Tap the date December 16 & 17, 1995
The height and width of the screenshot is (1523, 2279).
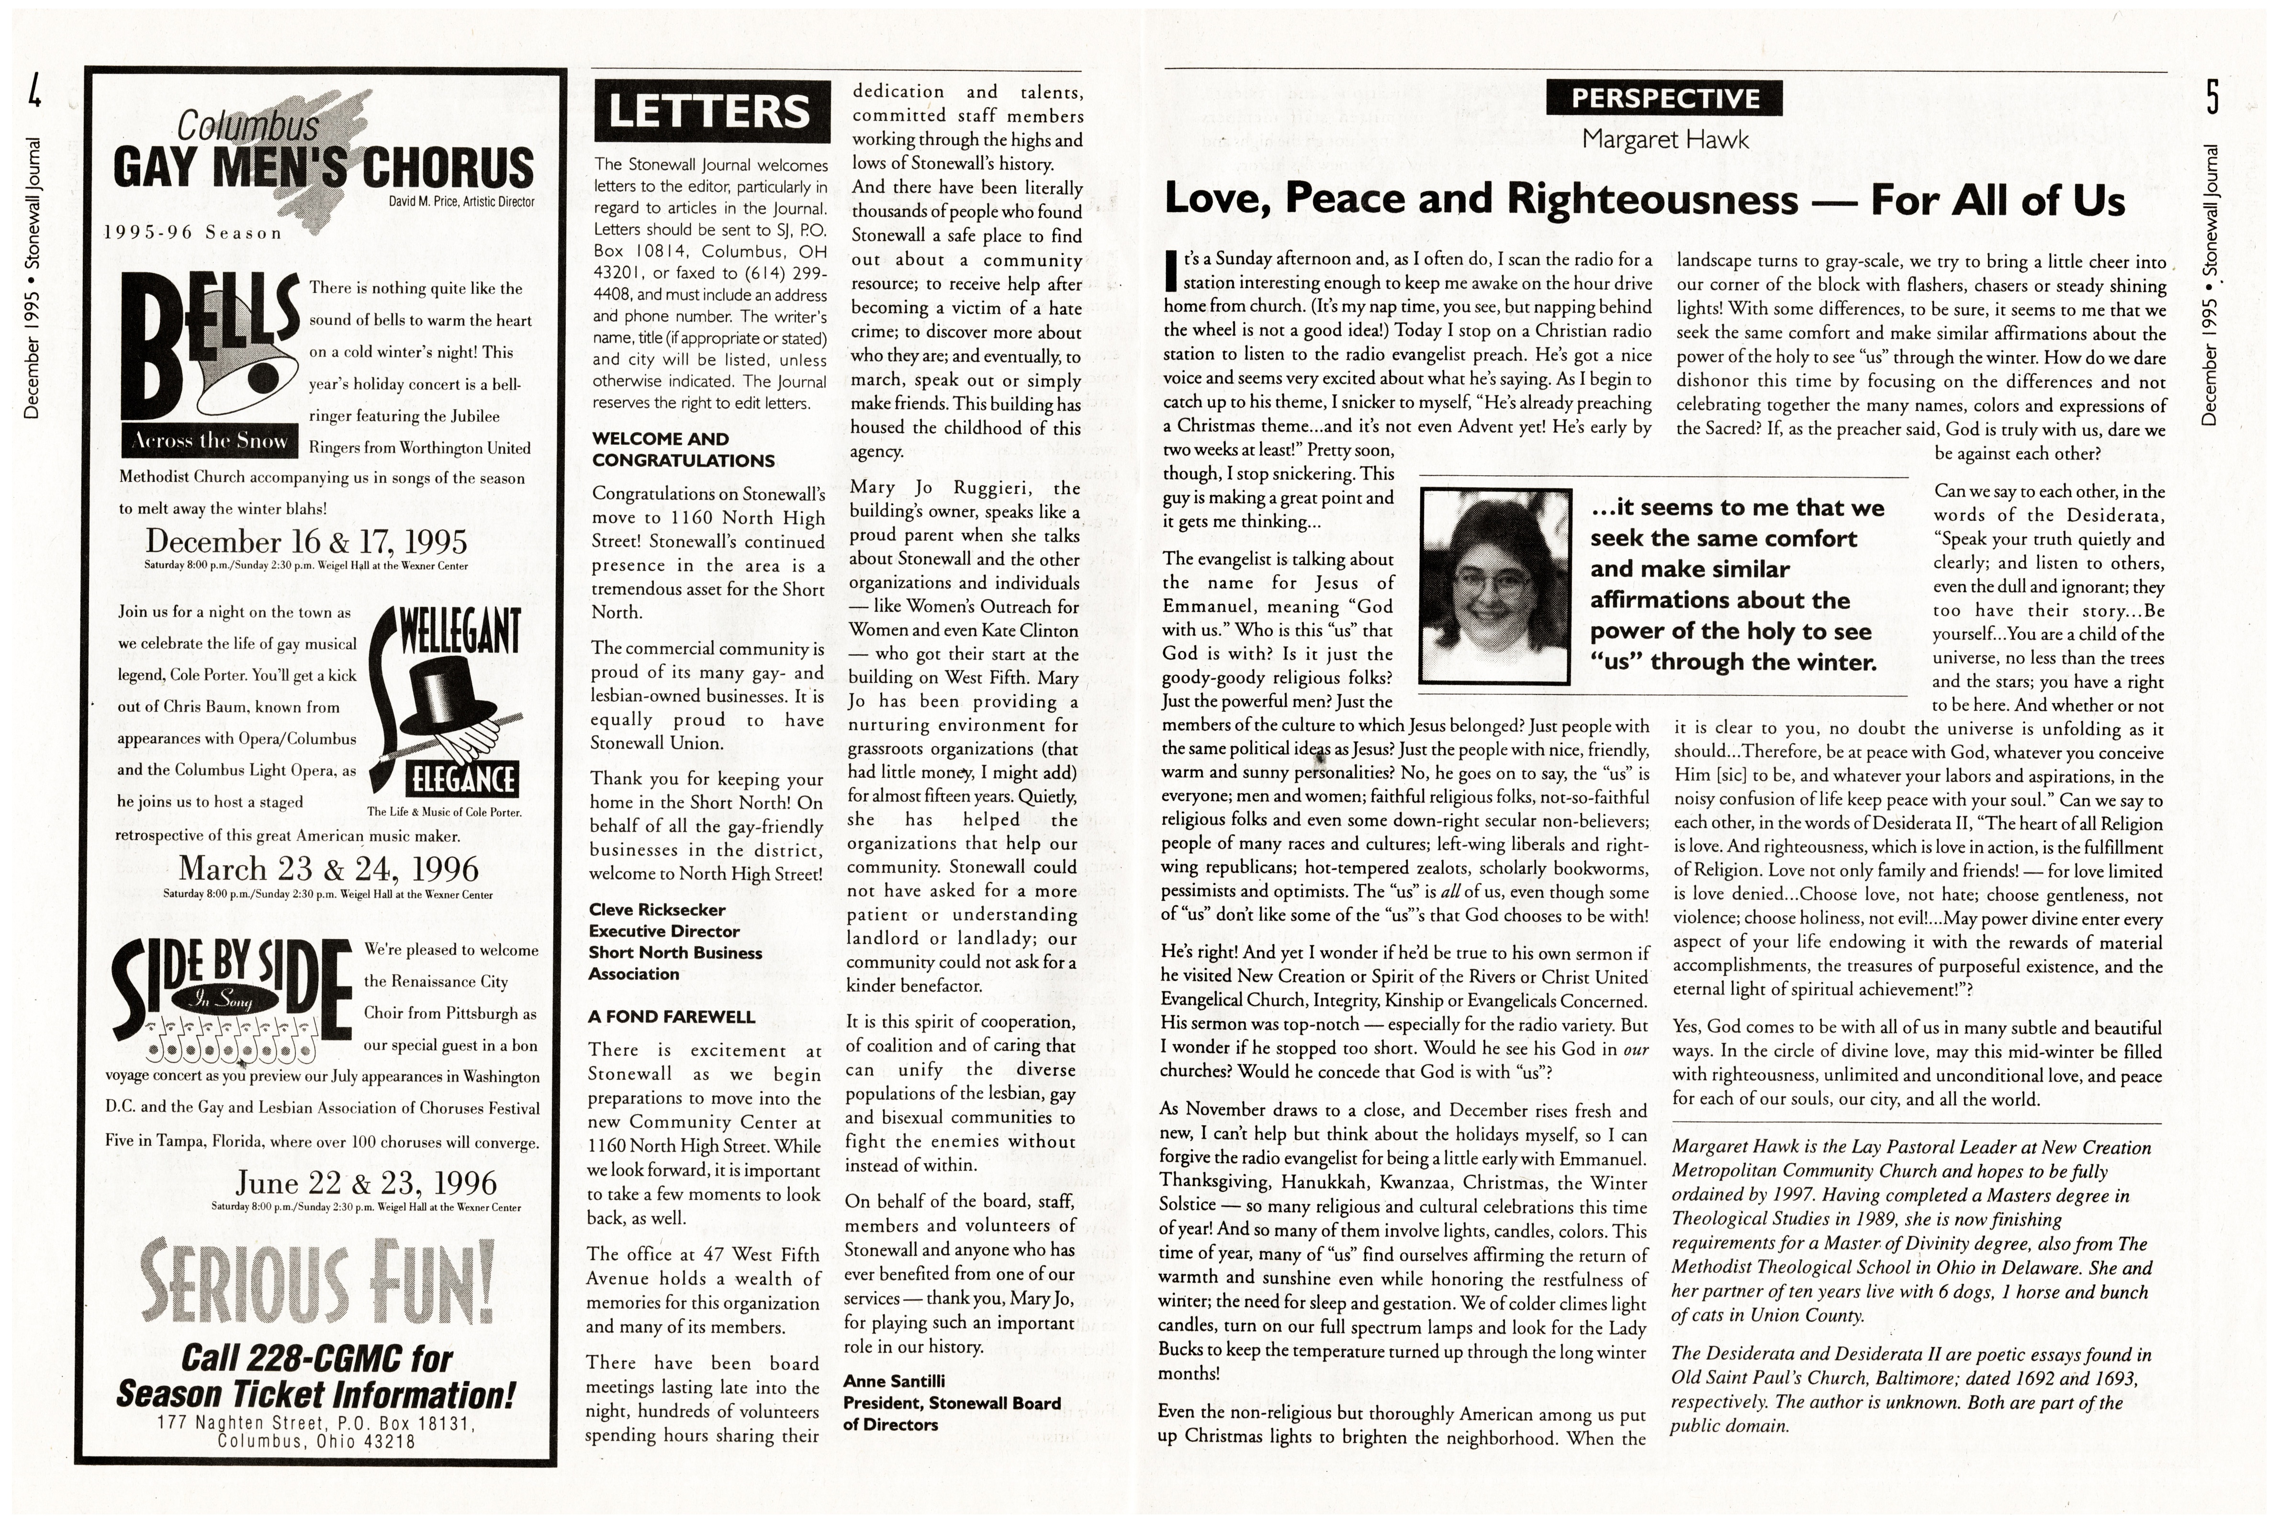(306, 541)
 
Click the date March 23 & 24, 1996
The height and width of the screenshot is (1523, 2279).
(328, 867)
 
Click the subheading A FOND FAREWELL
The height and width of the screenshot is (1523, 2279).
(671, 1017)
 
